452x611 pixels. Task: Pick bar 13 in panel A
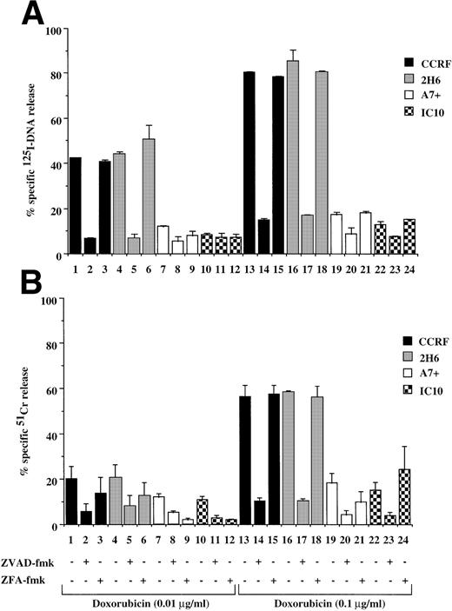(x=249, y=163)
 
